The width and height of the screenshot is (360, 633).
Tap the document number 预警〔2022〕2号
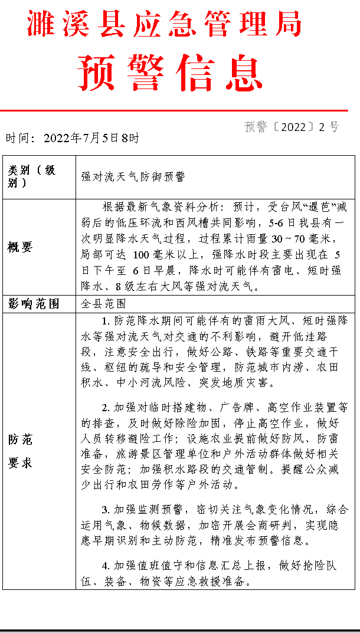click(x=292, y=127)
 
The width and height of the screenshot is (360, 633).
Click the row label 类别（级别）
click(x=32, y=176)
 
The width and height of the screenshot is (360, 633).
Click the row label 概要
click(x=20, y=247)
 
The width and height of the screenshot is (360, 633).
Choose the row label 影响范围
click(x=33, y=304)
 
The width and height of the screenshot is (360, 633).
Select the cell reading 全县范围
click(x=103, y=304)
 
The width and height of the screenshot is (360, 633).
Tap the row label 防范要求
click(x=20, y=451)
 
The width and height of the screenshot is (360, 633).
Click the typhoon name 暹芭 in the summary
click(x=320, y=208)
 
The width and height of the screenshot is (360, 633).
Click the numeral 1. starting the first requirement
click(x=106, y=321)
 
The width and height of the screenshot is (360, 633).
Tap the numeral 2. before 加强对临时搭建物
click(x=106, y=408)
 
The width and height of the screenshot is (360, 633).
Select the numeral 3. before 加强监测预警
click(x=106, y=509)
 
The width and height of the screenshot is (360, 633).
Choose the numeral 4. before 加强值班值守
click(x=106, y=565)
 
